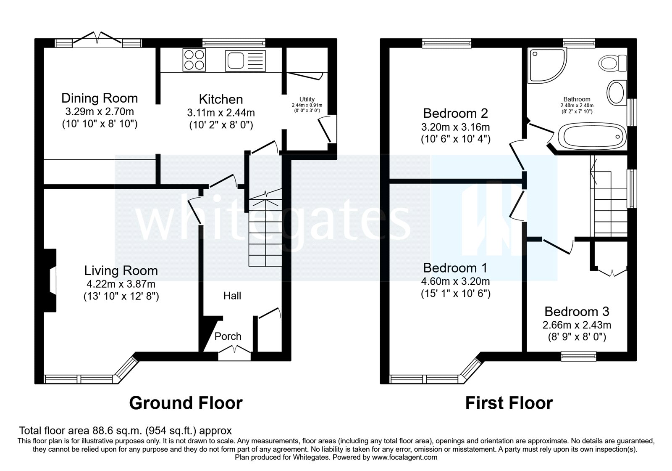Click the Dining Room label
click(x=100, y=98)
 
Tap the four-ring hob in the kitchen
click(x=193, y=60)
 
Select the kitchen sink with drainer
click(x=246, y=61)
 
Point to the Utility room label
click(x=307, y=99)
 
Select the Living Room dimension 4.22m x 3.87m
click(x=121, y=284)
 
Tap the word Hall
click(x=232, y=296)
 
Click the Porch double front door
click(x=234, y=350)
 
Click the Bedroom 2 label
click(x=455, y=113)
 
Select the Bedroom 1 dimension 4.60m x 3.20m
click(x=455, y=281)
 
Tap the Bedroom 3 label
click(x=577, y=312)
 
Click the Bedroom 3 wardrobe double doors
click(x=612, y=273)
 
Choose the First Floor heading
click(x=509, y=403)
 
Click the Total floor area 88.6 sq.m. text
click(x=125, y=431)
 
